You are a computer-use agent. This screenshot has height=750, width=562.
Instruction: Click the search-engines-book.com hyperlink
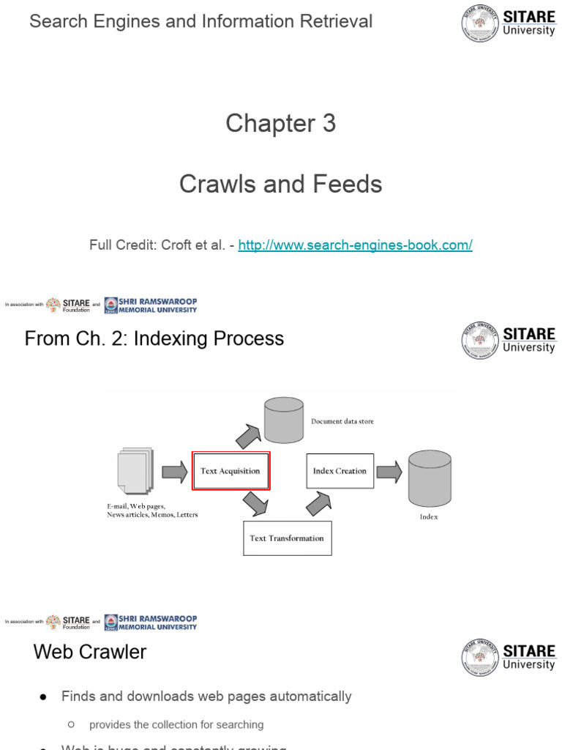tap(355, 245)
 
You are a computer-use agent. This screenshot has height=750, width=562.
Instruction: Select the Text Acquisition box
tap(231, 471)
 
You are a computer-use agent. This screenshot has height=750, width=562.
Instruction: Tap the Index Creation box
tap(340, 471)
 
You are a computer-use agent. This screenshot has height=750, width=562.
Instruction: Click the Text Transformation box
tap(287, 538)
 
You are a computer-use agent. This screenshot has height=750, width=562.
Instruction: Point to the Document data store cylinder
tap(283, 420)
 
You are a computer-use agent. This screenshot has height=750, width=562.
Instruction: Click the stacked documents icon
tap(135, 470)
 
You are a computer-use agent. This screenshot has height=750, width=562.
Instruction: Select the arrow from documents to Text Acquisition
tap(174, 471)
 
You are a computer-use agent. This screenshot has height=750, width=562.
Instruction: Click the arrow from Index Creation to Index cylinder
tap(389, 471)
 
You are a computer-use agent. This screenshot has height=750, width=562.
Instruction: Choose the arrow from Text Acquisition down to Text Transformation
tap(255, 503)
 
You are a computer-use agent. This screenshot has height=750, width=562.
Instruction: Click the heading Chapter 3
tap(280, 123)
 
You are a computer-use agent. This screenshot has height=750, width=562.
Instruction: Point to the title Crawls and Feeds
tap(280, 184)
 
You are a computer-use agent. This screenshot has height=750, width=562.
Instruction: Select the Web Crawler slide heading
tap(90, 652)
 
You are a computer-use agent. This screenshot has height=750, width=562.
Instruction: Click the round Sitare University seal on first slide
tap(480, 23)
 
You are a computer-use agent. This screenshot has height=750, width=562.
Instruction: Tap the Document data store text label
tap(342, 422)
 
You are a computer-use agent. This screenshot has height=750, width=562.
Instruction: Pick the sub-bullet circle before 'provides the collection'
tap(71, 724)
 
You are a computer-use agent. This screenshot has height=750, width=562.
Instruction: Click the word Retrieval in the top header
tap(339, 21)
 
